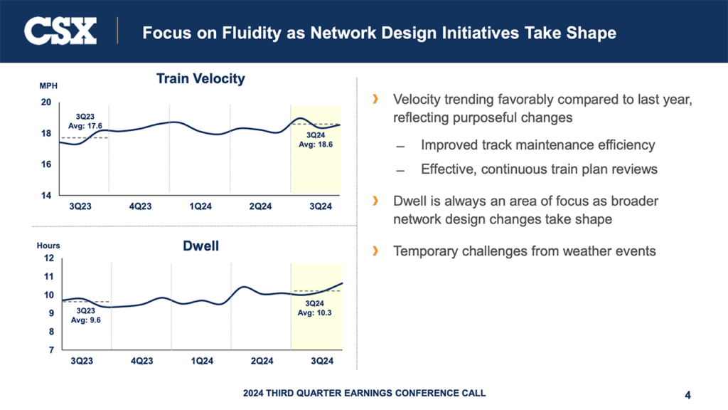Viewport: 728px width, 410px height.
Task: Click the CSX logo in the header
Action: point(60,31)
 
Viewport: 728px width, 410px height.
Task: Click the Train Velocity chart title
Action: point(200,78)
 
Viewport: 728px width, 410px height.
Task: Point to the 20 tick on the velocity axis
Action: point(45,102)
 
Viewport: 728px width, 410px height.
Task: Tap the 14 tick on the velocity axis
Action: point(45,195)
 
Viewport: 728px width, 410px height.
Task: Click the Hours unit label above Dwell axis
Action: point(48,246)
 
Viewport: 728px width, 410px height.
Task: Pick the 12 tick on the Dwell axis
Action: point(49,258)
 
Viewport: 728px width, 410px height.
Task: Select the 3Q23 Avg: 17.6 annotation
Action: point(90,121)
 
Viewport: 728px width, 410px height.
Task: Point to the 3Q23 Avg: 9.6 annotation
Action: point(85,315)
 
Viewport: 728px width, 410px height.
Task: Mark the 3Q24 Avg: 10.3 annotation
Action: point(314,307)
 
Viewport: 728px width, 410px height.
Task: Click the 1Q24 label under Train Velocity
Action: point(200,206)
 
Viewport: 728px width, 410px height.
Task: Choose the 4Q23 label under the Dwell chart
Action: point(141,361)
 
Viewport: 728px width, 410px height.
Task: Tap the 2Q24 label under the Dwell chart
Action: point(262,361)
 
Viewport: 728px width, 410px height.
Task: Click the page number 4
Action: point(687,394)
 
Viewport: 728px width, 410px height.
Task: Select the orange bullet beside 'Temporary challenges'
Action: point(375,251)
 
